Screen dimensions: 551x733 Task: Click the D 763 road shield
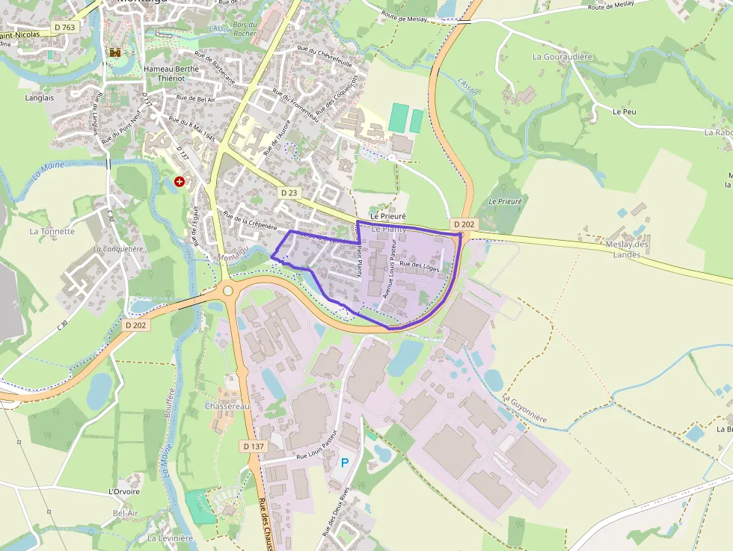tap(65, 27)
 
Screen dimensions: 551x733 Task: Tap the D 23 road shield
tap(289, 193)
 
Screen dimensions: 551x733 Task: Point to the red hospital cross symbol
tap(180, 181)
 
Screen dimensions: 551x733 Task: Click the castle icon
tap(115, 52)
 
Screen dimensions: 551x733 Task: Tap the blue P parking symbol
tap(345, 463)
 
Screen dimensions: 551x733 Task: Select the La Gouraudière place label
tap(562, 56)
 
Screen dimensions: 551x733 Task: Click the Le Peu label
tap(624, 111)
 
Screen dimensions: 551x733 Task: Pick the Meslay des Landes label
tap(628, 250)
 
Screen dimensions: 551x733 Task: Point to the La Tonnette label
tap(52, 231)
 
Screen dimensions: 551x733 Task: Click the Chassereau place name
tap(227, 406)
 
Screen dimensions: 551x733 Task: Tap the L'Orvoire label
tap(124, 491)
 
